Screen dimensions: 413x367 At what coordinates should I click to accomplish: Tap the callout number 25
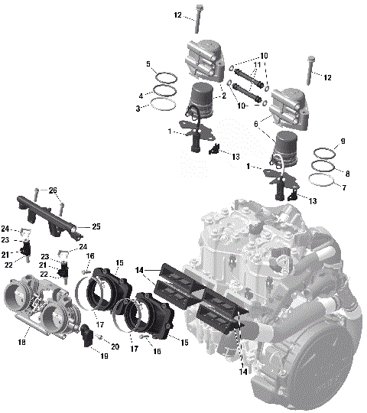click(96, 226)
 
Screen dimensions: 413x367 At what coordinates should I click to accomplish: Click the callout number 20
click(115, 346)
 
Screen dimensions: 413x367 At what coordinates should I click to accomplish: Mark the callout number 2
click(222, 96)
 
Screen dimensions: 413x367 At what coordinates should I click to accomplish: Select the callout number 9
click(343, 141)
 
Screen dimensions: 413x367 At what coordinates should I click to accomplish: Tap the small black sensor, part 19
click(89, 333)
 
